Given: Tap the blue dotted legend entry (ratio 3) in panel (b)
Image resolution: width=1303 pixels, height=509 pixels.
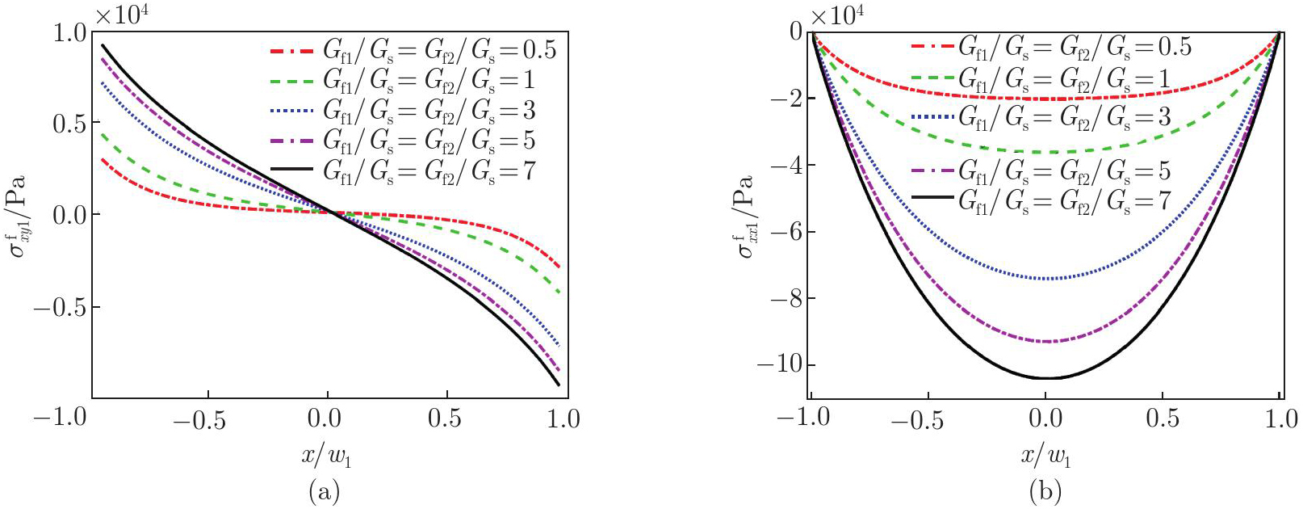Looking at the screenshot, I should [1041, 118].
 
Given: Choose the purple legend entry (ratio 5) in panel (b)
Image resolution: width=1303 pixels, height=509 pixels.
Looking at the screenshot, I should [1041, 171].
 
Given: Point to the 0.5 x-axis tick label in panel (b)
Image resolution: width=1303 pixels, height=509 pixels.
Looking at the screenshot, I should [1162, 419].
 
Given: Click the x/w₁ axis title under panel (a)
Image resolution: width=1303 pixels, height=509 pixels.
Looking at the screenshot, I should [326, 457].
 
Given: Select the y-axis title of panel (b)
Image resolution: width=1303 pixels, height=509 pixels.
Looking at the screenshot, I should [744, 215].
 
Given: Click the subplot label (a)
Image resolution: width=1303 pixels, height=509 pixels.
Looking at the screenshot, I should [324, 490].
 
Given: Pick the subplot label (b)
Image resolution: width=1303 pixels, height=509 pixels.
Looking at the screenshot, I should [1045, 490].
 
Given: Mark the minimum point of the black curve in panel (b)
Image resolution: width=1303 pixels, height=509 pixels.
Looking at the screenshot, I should [1045, 378].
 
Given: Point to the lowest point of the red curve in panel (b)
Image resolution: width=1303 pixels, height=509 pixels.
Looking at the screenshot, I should [1045, 99].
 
